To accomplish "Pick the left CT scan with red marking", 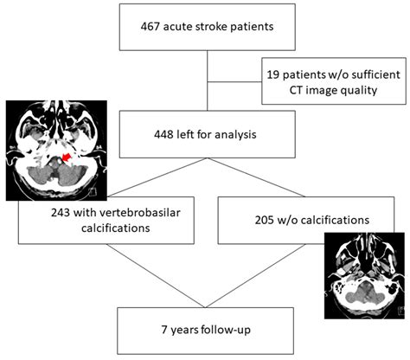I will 54,150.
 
